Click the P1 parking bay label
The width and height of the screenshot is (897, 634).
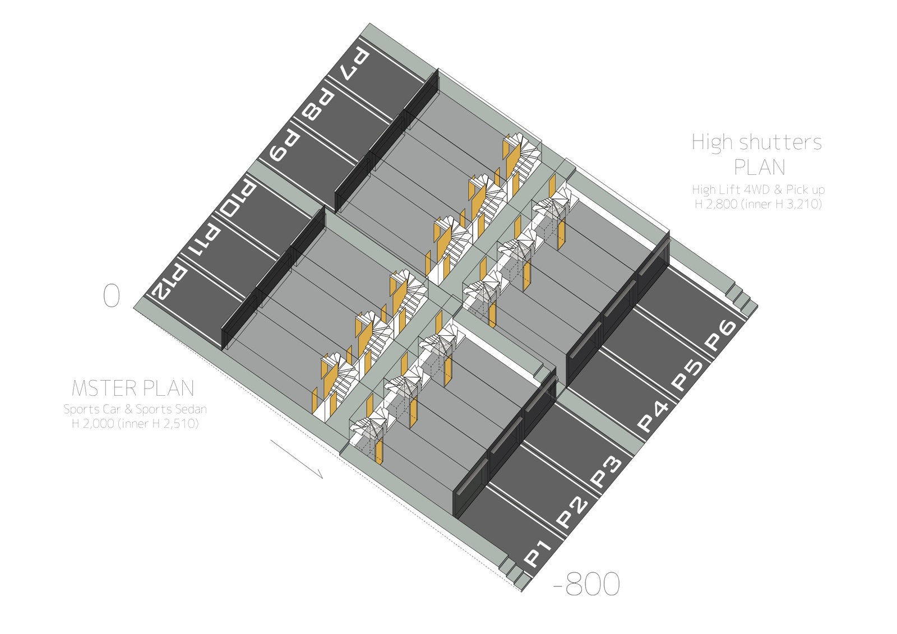(538, 553)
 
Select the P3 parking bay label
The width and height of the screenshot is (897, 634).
(607, 471)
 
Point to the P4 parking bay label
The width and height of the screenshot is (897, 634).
(653, 417)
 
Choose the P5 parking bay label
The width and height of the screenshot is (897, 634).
(687, 375)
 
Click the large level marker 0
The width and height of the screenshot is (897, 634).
(112, 295)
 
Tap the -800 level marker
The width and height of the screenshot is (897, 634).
(586, 584)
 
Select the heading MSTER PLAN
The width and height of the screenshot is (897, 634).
(133, 388)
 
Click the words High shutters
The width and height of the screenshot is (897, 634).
(757, 142)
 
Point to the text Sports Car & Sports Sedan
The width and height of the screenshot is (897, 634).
(135, 409)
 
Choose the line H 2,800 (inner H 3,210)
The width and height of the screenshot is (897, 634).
(758, 204)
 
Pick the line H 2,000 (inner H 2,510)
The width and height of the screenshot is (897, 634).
(135, 424)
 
